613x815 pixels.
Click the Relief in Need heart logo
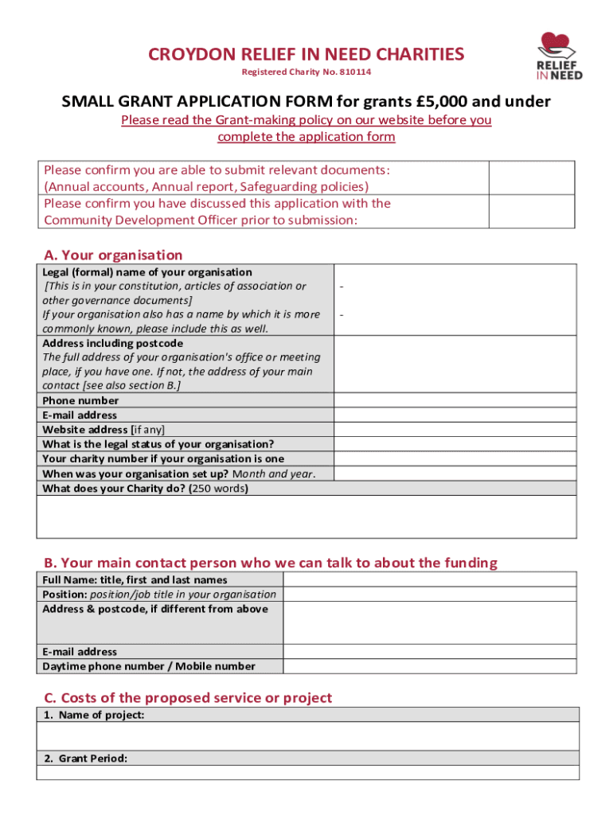pos(558,56)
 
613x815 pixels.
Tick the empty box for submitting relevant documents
pos(531,178)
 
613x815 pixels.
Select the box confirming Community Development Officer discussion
pos(531,212)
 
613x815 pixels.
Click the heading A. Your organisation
pos(113,255)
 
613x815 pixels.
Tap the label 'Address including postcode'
pos(112,343)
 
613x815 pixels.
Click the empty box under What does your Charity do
pos(306,517)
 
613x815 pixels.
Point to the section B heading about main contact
pos(270,563)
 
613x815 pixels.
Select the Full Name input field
pos(429,579)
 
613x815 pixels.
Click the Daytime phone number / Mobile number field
pos(429,666)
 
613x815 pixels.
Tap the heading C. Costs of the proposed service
pos(188,698)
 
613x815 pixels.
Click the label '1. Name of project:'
pos(93,715)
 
